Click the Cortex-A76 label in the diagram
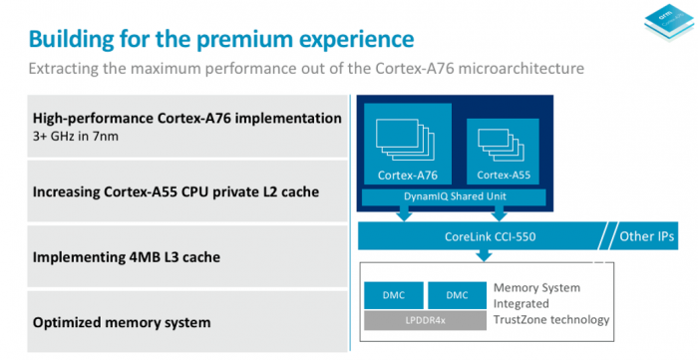click(411, 176)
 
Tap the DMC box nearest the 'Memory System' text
click(457, 294)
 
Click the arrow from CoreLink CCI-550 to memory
click(484, 256)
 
